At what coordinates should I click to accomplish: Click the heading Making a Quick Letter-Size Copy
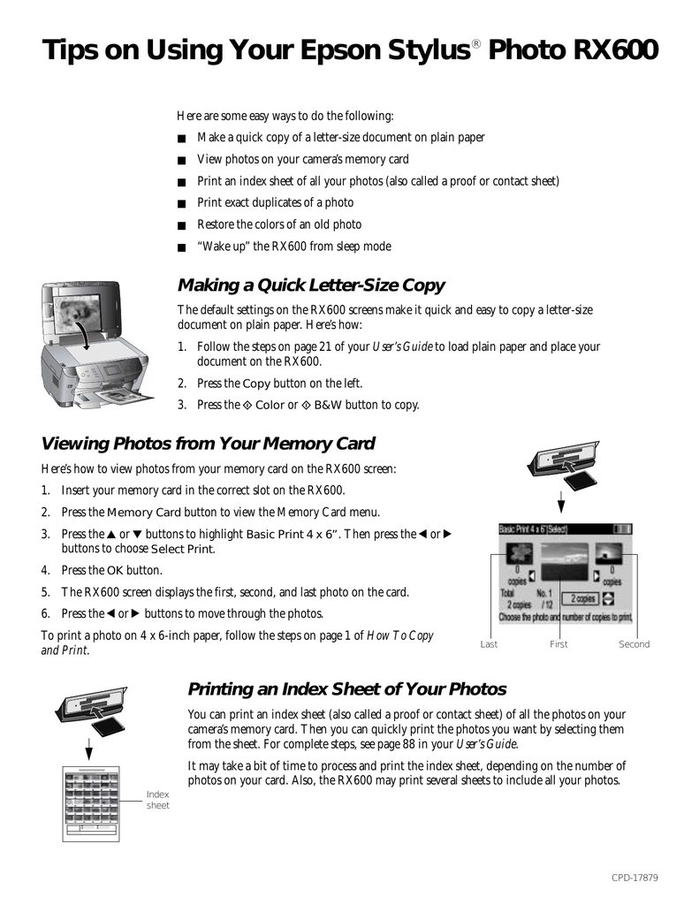[311, 285]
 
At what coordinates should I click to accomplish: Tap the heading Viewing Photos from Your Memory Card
[209, 444]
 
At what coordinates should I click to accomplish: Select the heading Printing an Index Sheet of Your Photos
[347, 689]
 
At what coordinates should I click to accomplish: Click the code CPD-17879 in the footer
[635, 878]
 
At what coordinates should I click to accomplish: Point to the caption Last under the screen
[489, 644]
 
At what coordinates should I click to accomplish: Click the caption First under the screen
[558, 644]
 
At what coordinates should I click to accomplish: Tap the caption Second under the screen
[634, 644]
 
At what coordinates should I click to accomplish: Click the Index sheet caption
[157, 800]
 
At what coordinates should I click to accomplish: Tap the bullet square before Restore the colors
[182, 226]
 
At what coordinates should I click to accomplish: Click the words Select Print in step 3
[183, 549]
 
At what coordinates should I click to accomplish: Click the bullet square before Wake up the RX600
[182, 247]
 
